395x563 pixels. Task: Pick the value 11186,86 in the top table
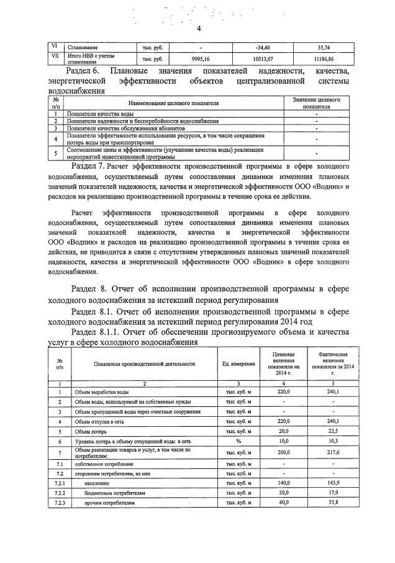pos(324,58)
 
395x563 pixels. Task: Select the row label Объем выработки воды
pos(102,392)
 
